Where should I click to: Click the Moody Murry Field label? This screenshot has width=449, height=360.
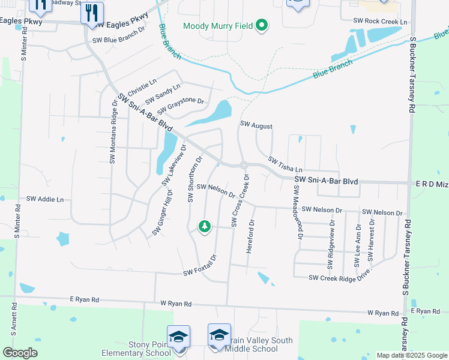217,26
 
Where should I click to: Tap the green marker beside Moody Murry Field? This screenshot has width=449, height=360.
261,25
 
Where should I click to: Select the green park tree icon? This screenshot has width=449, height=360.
205,226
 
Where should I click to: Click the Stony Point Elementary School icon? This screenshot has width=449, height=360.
178,337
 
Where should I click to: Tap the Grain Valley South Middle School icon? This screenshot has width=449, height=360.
219,335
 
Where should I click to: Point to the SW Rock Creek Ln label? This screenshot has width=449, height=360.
380,22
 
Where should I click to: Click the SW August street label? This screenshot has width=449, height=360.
256,126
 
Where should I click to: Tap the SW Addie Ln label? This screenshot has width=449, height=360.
45,198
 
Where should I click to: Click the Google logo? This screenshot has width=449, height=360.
20,353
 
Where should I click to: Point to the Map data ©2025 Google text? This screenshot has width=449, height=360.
411,355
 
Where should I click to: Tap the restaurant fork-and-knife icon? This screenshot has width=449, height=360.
92,13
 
